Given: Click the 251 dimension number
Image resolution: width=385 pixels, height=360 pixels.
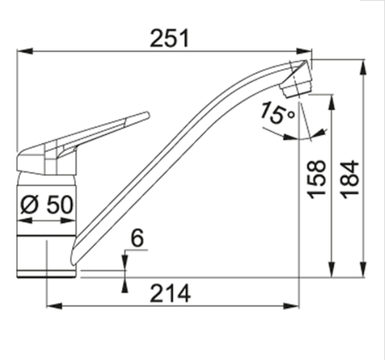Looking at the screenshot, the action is [x=170, y=38].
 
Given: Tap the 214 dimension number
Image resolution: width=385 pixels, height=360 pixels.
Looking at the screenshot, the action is [x=170, y=293].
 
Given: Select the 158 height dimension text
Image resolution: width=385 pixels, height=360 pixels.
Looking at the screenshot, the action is [x=317, y=180].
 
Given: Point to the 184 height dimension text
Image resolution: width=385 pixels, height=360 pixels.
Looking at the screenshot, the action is [x=350, y=180].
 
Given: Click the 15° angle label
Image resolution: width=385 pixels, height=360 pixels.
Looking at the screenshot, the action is [x=277, y=113].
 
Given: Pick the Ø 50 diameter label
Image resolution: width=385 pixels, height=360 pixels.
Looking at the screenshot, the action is [x=47, y=204].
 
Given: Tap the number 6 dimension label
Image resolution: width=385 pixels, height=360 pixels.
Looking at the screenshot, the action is [x=137, y=238].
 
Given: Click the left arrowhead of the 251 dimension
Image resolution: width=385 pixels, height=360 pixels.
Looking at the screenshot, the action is [x=25, y=51].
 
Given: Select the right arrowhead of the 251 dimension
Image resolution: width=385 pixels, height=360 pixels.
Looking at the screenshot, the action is [x=304, y=51].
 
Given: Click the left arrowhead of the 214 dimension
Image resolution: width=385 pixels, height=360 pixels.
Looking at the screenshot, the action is [x=54, y=306].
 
